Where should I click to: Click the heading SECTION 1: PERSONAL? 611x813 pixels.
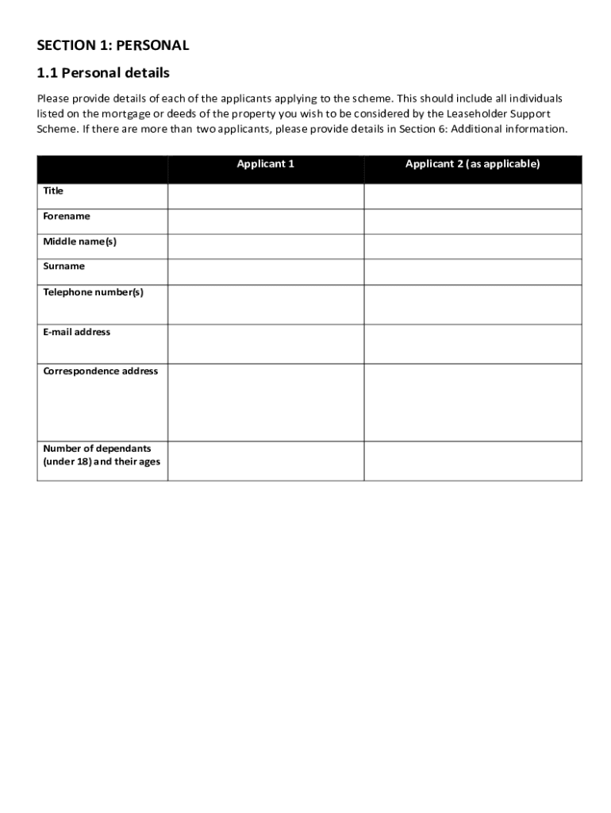(x=113, y=45)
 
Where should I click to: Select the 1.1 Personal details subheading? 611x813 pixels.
(x=103, y=73)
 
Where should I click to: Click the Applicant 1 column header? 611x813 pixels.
(x=266, y=164)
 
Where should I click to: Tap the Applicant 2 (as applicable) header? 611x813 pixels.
(x=472, y=164)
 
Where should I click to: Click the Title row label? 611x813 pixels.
(x=53, y=191)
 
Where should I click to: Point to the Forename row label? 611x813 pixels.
(x=67, y=217)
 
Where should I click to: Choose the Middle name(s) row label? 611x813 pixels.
(x=79, y=241)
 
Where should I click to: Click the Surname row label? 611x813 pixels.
(x=63, y=267)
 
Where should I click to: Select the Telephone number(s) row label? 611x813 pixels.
(x=93, y=292)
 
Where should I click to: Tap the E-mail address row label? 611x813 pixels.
(x=76, y=332)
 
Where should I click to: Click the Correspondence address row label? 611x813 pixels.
(x=100, y=372)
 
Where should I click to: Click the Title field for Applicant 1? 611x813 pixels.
(x=266, y=196)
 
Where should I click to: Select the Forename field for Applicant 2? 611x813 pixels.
(x=472, y=222)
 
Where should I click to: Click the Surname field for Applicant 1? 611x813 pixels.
(x=266, y=272)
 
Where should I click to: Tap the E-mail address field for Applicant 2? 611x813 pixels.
(x=472, y=344)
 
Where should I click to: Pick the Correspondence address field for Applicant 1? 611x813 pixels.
(x=266, y=403)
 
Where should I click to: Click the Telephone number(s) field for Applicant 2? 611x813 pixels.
(x=472, y=305)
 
